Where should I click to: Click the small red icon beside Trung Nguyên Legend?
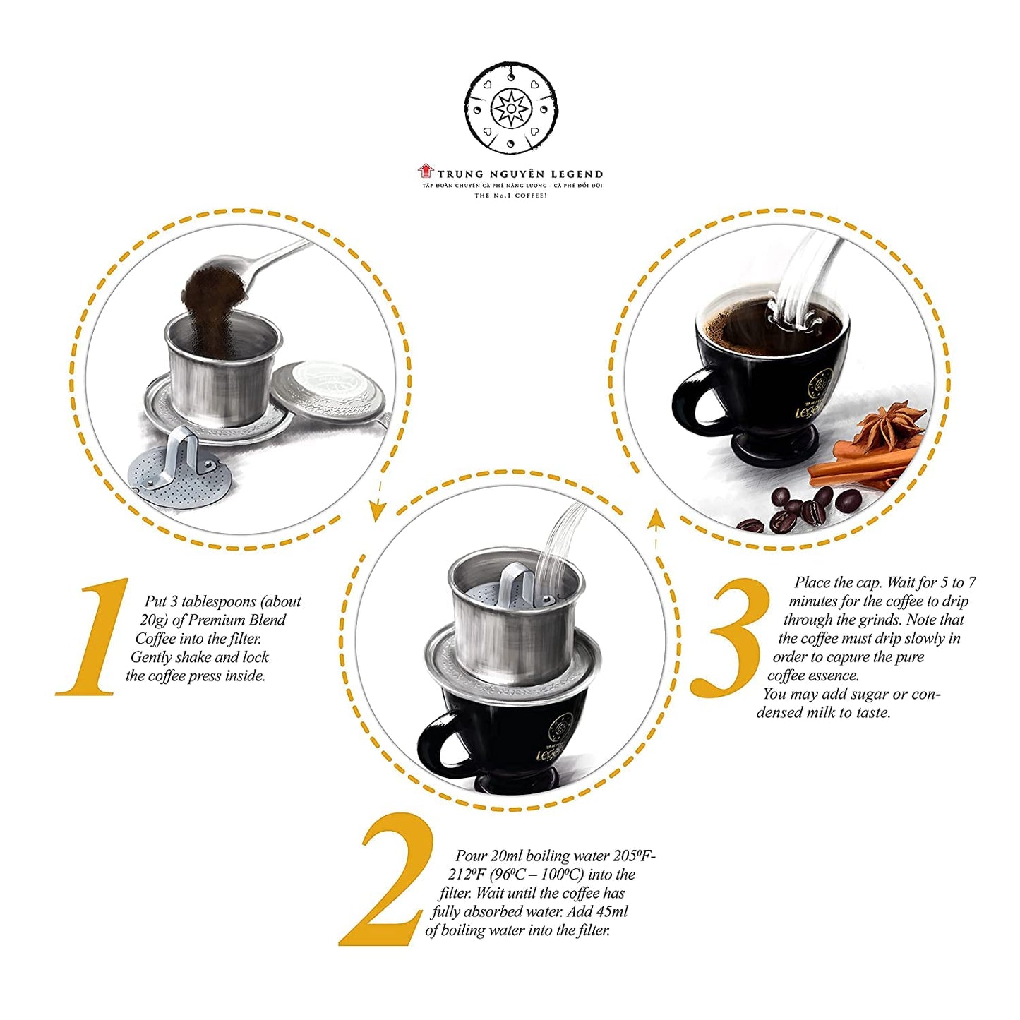[x=425, y=171]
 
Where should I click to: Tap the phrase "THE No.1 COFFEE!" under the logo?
[x=510, y=195]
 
